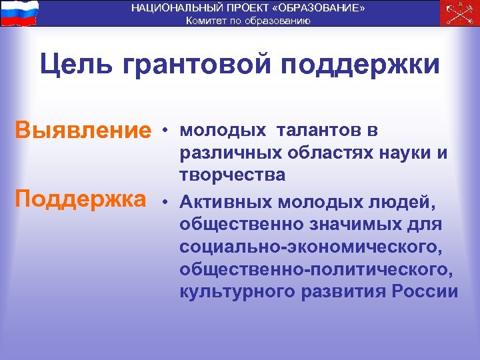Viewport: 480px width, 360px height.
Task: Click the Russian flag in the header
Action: tap(19, 13)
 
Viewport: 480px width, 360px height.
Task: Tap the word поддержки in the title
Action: tap(360, 65)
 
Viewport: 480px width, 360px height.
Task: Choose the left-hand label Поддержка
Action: tap(83, 199)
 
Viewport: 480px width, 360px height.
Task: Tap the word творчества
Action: tap(232, 175)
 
